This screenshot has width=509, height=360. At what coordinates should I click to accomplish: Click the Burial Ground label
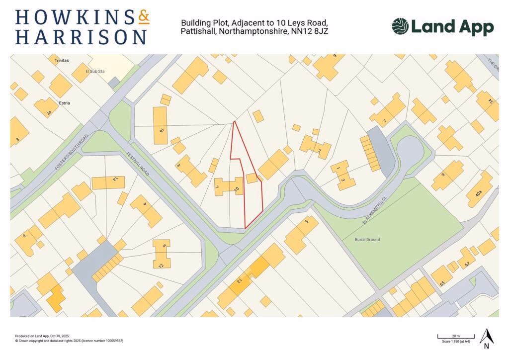(x=367, y=240)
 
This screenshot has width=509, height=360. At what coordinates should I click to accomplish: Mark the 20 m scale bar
(x=456, y=337)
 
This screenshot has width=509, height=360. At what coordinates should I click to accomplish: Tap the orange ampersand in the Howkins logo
(x=143, y=18)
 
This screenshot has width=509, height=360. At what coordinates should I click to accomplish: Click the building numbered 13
(x=239, y=281)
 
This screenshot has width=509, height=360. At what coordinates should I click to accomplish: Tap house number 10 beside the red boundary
(x=236, y=188)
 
